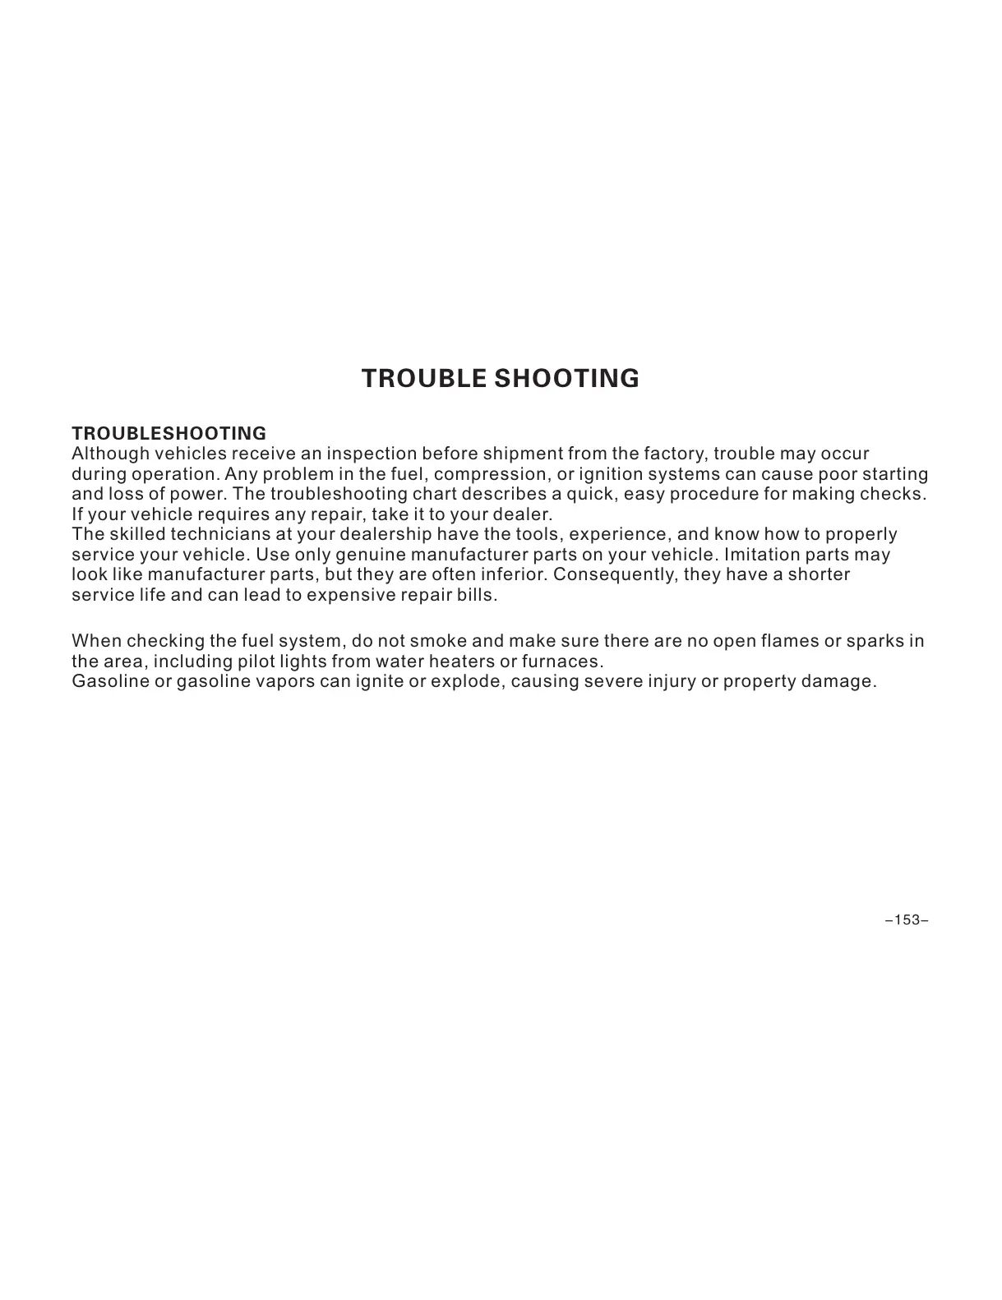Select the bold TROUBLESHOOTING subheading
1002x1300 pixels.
[169, 433]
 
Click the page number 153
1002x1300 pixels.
[907, 920]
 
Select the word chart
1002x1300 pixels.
[435, 495]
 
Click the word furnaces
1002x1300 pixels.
[562, 662]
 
